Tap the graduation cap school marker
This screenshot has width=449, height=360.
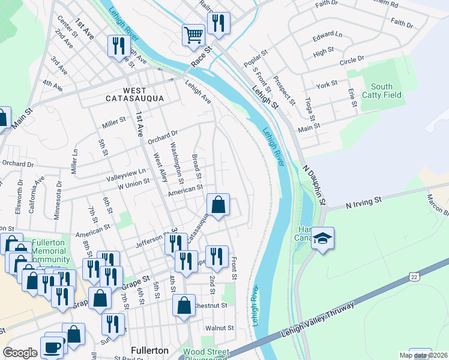click(x=322, y=239)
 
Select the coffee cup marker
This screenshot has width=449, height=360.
click(x=52, y=347)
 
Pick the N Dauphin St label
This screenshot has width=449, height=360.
click(x=314, y=184)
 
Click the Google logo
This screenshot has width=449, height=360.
click(x=20, y=353)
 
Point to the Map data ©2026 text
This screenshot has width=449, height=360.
click(x=424, y=355)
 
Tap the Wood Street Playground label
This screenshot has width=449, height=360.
click(x=205, y=353)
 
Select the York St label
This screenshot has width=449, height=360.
click(x=327, y=85)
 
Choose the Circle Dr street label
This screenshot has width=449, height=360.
click(x=352, y=60)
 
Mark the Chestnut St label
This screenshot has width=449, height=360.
click(x=211, y=305)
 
